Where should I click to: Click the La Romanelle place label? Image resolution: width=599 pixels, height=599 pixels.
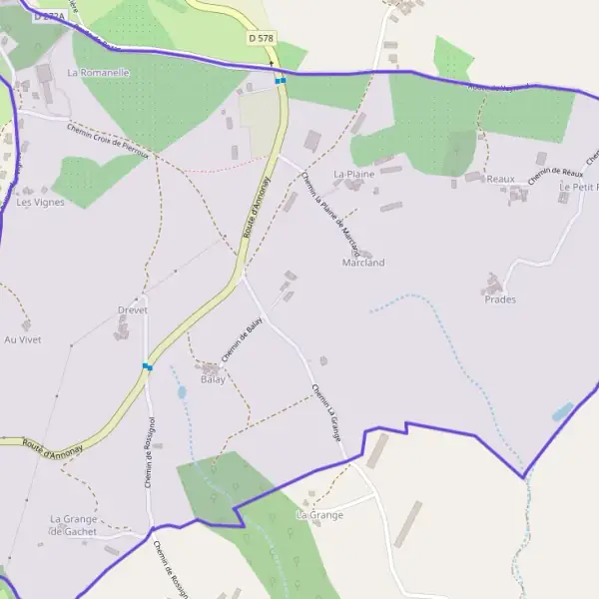tap(99, 73)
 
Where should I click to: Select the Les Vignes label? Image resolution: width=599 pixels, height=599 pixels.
tap(40, 202)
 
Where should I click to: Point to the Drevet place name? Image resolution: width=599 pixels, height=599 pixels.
tap(132, 310)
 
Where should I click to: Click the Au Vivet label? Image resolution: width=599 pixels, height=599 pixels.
tap(22, 339)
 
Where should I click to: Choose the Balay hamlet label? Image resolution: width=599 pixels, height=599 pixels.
tap(213, 379)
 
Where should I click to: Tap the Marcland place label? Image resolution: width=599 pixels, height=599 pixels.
tap(362, 263)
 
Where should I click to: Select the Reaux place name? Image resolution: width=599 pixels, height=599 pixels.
tap(500, 179)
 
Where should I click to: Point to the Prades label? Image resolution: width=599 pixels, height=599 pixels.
tap(500, 299)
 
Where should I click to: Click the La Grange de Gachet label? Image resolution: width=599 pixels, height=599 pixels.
tap(74, 525)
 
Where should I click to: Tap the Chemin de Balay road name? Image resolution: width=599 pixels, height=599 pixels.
tap(241, 340)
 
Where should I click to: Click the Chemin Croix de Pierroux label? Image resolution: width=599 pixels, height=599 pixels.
tap(108, 140)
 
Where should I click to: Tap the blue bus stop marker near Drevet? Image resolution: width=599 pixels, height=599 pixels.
tap(148, 366)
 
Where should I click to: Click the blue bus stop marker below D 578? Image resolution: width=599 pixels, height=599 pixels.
tap(281, 81)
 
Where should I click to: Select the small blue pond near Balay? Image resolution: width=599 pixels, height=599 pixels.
tap(182, 392)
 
